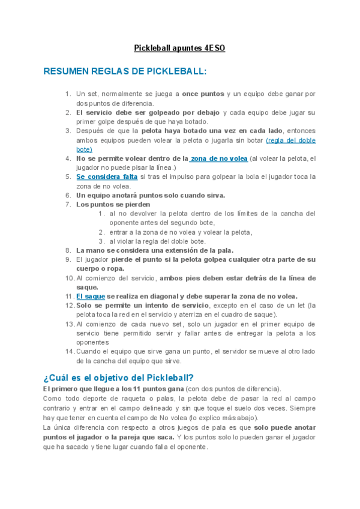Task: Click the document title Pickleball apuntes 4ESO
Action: tap(179, 48)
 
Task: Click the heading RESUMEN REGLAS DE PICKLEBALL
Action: tap(125, 71)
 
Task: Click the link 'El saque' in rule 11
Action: tap(91, 296)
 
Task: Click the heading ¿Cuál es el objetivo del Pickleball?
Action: tap(118, 377)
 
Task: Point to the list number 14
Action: tap(68, 352)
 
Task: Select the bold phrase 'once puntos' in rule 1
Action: tap(203, 94)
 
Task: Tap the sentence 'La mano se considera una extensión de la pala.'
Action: tap(155, 250)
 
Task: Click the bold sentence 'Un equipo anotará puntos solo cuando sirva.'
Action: tap(151, 195)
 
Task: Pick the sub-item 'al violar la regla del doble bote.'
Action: tap(158, 241)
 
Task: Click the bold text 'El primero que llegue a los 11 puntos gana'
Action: tap(113, 389)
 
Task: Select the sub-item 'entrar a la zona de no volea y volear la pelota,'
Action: tap(181, 232)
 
